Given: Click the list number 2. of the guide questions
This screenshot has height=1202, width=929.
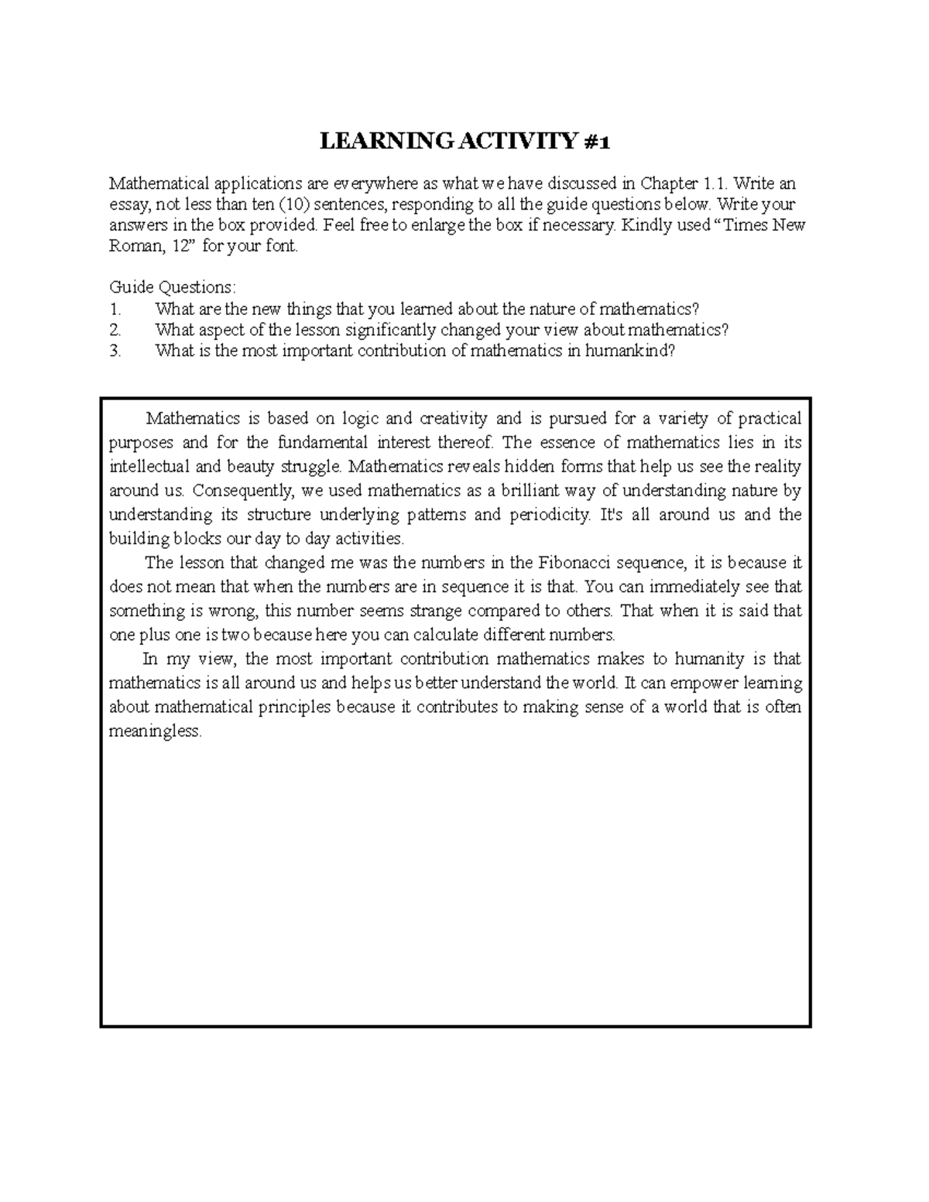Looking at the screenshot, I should coord(115,330).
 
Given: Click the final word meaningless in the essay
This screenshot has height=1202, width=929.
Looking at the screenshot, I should coord(155,731).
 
